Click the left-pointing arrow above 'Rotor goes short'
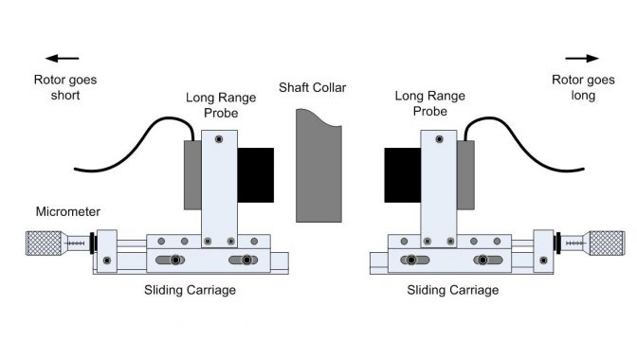(61, 58)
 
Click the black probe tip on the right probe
(402, 175)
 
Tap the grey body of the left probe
(191, 175)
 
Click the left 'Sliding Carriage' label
(190, 291)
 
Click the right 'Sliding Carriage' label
(452, 291)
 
